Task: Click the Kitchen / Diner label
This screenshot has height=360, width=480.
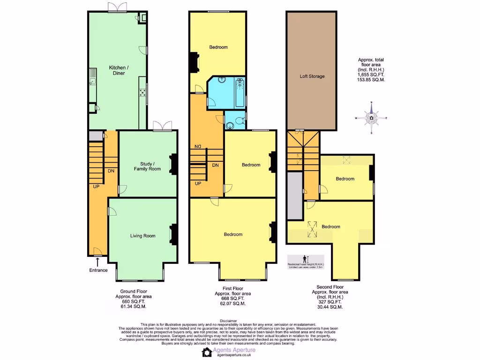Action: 119,70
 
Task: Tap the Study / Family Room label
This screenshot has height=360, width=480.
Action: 147,166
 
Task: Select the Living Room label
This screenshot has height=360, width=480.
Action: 142,236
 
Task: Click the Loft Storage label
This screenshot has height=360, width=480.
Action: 311,76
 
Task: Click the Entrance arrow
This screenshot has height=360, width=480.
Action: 97,261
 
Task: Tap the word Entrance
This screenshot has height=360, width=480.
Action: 98,270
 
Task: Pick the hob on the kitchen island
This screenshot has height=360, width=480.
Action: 142,92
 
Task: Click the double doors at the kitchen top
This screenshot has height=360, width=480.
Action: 117,7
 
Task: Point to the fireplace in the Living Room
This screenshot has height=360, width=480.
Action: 173,235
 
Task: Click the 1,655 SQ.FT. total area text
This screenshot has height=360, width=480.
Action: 371,75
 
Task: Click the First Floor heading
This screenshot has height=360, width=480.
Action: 232,288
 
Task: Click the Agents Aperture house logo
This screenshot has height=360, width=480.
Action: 206,352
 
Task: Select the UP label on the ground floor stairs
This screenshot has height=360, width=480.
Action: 97,186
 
